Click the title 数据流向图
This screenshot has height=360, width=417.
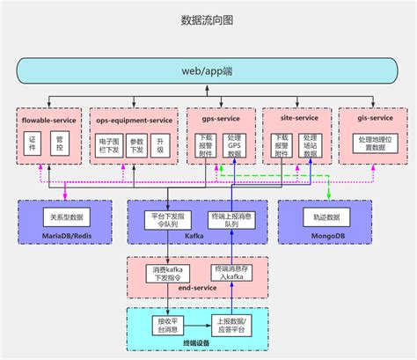pyautogui.click(x=208, y=19)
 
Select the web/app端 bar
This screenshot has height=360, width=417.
pyautogui.click(x=208, y=70)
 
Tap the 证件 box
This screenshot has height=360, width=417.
pyautogui.click(x=33, y=143)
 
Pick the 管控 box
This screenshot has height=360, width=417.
pyautogui.click(x=61, y=143)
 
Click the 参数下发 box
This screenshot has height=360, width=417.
pyautogui.click(x=136, y=145)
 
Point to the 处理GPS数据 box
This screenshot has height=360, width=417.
pyautogui.click(x=234, y=146)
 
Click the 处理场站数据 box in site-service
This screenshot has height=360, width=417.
pyautogui.click(x=311, y=146)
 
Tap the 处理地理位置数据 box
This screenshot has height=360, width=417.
pyautogui.click(x=374, y=144)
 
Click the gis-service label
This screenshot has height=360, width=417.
pyautogui.click(x=376, y=117)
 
